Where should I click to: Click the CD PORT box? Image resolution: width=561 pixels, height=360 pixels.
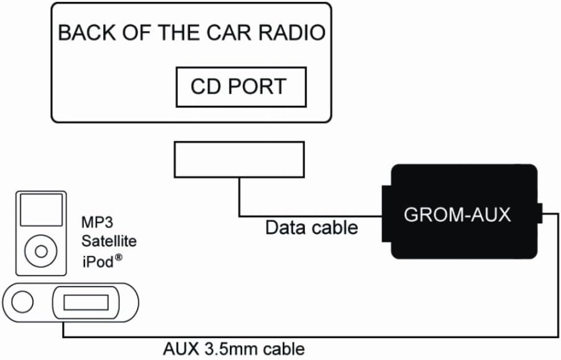pos(241,86)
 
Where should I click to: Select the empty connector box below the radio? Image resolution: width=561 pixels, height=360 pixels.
pos(239,160)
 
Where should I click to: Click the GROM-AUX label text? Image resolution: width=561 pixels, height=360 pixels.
pos(457,215)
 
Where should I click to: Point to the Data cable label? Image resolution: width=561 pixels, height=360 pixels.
pos(311,228)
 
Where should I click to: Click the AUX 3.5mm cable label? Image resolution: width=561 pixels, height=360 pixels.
pos(234,349)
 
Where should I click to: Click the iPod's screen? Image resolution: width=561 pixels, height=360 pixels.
pos(41,210)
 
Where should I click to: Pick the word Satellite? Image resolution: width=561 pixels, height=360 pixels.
pos(109,241)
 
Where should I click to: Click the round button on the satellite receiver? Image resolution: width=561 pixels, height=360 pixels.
pos(22,303)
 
